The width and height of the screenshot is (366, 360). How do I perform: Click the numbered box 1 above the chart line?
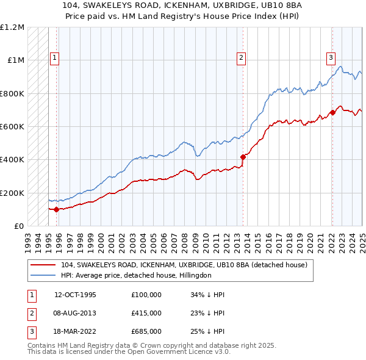click(x=54, y=58)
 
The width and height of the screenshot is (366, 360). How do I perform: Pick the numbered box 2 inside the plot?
click(x=241, y=58)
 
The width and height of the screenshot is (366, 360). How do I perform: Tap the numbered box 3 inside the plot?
click(x=331, y=58)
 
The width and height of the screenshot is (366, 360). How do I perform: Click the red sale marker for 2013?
click(x=243, y=157)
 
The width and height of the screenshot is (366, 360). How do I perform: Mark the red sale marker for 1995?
click(x=57, y=209)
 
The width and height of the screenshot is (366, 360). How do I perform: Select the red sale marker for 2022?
click(x=332, y=112)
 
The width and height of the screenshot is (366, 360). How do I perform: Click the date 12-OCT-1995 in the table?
click(x=76, y=295)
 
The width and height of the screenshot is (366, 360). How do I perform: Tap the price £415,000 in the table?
click(x=146, y=313)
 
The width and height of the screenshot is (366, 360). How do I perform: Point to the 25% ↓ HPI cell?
click(x=207, y=331)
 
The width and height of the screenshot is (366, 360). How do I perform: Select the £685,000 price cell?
click(x=146, y=331)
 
